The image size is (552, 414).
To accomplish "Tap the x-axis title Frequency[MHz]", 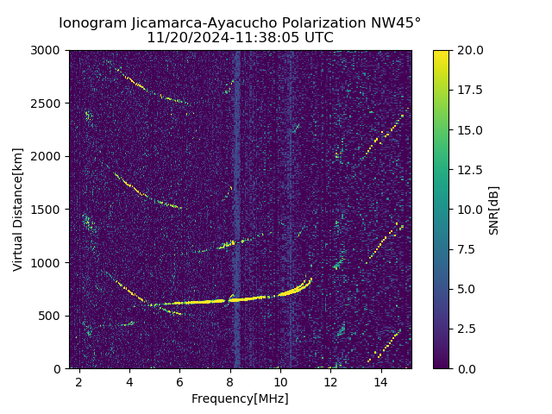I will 240,398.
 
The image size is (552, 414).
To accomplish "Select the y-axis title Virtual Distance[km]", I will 18,210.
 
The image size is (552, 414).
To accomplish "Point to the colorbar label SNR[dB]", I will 494,210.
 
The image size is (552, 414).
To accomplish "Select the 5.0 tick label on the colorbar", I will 466,289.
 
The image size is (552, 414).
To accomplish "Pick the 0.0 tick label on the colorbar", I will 466,368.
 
